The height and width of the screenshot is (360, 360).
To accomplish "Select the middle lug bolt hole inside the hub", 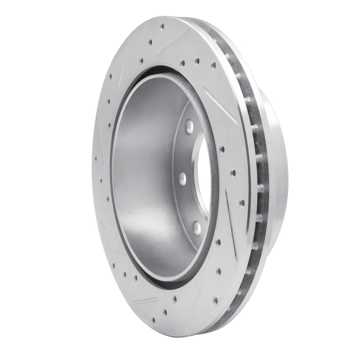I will click(x=182, y=178).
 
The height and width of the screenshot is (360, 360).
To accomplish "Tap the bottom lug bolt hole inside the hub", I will click(x=197, y=227).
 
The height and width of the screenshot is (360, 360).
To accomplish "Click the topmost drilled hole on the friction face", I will click(x=162, y=27).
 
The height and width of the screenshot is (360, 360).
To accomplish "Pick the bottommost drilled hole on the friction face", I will click(x=153, y=320).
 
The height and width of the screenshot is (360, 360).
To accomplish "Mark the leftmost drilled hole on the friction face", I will click(x=95, y=158).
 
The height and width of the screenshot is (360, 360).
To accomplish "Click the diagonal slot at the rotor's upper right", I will click(x=220, y=104).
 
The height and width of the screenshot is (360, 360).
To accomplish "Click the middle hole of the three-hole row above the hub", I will click(x=197, y=61).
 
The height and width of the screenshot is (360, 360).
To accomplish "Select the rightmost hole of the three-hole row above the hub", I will click(x=213, y=65).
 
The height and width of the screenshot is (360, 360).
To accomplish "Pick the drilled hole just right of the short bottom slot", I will click(x=174, y=298).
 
